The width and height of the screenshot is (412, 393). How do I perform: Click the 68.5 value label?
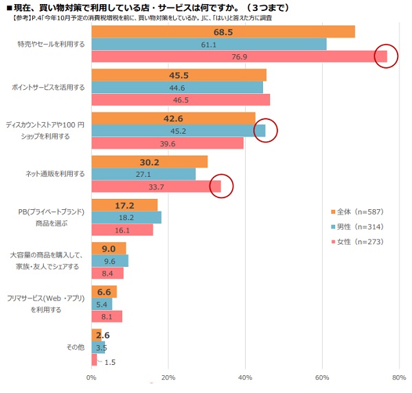pyautogui.click(x=223, y=32)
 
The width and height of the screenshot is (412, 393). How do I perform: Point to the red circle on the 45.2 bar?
pyautogui.click(x=264, y=130)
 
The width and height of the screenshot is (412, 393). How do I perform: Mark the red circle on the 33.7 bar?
pyautogui.click(x=221, y=186)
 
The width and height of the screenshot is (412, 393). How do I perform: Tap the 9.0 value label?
pyautogui.click(x=108, y=248)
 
